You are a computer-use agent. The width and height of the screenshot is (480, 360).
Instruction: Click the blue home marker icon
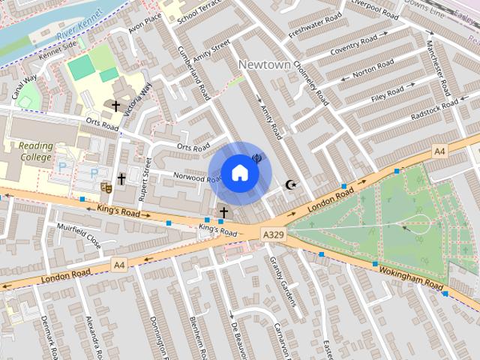tap(239, 172)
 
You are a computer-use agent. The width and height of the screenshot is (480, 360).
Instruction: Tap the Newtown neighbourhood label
tap(264, 65)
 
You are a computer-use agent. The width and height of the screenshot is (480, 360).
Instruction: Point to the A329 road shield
tap(273, 235)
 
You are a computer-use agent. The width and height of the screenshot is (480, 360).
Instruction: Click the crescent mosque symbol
tap(292, 184)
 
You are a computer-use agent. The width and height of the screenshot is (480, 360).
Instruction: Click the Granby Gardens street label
tap(282, 280)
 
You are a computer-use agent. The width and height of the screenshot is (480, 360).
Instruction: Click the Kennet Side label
tap(58, 54)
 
